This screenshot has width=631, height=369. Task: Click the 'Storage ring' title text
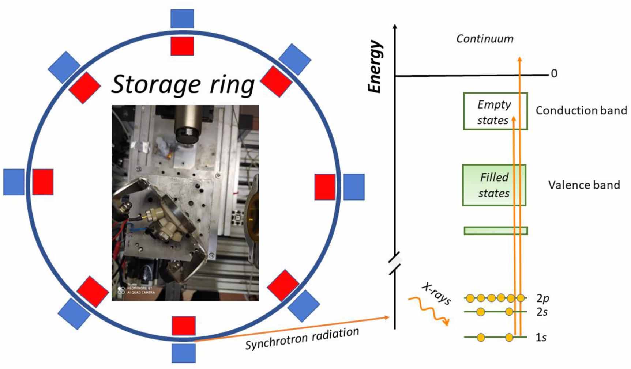(x=183, y=85)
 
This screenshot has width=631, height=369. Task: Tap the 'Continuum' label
(x=485, y=39)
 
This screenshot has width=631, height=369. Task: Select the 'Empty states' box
(x=495, y=111)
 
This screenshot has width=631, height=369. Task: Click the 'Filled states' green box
(x=494, y=185)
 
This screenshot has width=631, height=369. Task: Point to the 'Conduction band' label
(x=581, y=110)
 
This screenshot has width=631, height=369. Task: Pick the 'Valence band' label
(x=584, y=185)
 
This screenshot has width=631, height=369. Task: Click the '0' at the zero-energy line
(x=554, y=74)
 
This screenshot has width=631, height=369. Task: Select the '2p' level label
(x=542, y=298)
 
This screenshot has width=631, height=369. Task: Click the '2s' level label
(x=542, y=312)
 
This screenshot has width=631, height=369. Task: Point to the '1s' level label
(x=541, y=337)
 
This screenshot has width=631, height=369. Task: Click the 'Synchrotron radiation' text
(x=302, y=338)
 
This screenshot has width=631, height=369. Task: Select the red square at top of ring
(x=182, y=46)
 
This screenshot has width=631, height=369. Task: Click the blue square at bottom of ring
(x=184, y=353)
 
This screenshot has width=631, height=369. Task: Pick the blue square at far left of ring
(x=14, y=182)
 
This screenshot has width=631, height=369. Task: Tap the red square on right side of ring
(x=325, y=187)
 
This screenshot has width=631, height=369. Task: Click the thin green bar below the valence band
(x=496, y=231)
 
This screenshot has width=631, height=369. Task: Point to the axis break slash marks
(x=395, y=263)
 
